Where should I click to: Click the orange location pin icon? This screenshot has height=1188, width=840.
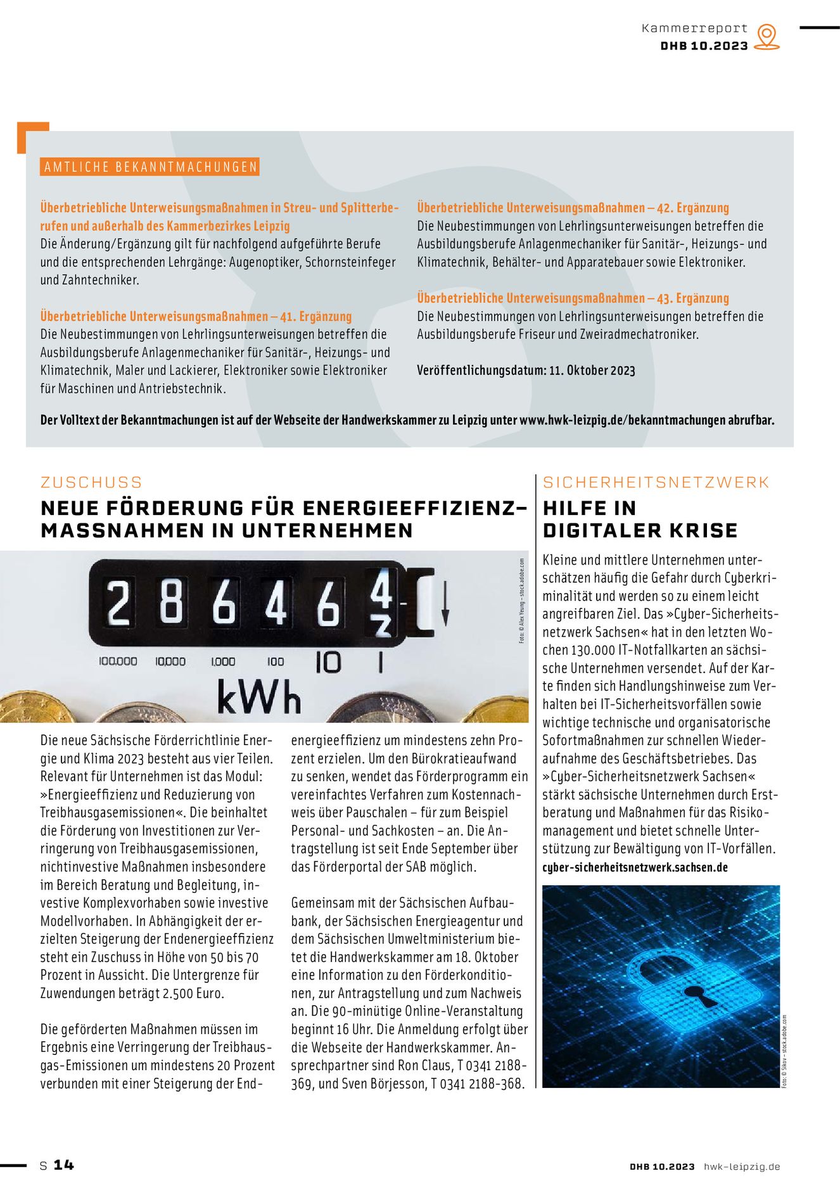(x=767, y=36)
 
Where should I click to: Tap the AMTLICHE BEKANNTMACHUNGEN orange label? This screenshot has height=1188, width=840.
(x=150, y=167)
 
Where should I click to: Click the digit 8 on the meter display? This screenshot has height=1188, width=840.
(x=172, y=603)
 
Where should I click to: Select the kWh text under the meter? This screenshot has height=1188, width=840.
(x=258, y=697)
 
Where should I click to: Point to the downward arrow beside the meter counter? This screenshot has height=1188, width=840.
(x=445, y=604)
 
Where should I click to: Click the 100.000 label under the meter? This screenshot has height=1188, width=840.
(x=118, y=661)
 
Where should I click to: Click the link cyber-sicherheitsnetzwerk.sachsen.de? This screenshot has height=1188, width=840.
(x=635, y=867)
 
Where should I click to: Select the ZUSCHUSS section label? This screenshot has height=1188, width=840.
(x=91, y=482)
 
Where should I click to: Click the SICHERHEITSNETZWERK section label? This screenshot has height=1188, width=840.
(x=656, y=482)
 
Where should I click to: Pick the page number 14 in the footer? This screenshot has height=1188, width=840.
(x=63, y=1165)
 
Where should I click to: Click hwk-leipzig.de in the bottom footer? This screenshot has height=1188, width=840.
(x=742, y=1166)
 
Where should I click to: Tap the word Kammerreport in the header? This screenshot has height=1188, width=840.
(x=694, y=29)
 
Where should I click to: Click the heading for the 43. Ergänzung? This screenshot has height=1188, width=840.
(x=573, y=298)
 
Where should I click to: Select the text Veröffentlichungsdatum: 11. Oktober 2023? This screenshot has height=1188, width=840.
(x=526, y=370)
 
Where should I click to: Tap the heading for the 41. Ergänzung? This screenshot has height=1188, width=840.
(x=196, y=316)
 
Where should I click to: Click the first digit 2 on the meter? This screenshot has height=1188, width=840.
(x=118, y=603)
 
